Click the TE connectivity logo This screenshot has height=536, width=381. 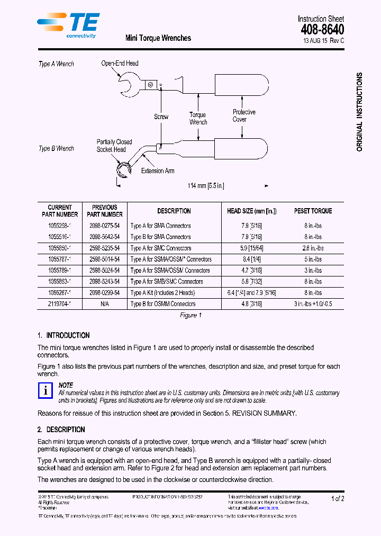tap(68, 25)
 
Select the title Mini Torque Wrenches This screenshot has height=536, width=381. tap(158, 38)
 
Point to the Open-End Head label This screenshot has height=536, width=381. tap(120, 64)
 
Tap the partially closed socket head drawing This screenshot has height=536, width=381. tap(124, 171)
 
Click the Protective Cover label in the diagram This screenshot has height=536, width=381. tap(244, 115)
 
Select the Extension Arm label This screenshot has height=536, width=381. tap(158, 171)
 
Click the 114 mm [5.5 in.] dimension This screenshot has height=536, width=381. tap(206, 186)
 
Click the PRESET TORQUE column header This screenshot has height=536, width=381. tap(313, 211)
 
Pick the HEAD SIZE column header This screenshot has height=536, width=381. tap(251, 211)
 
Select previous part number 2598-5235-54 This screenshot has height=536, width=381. tap(104, 248)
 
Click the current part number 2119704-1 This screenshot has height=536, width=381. tap(60, 304)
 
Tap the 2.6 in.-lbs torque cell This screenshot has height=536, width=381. tap(313, 248)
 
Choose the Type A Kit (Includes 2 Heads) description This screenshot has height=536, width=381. tap(162, 293)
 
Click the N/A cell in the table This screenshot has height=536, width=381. tap(104, 304)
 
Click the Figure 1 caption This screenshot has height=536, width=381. tap(189, 316)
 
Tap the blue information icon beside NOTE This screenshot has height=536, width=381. tap(46, 390)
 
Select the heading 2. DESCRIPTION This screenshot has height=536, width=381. tap(61, 430)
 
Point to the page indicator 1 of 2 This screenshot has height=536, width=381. tap(338, 499)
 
